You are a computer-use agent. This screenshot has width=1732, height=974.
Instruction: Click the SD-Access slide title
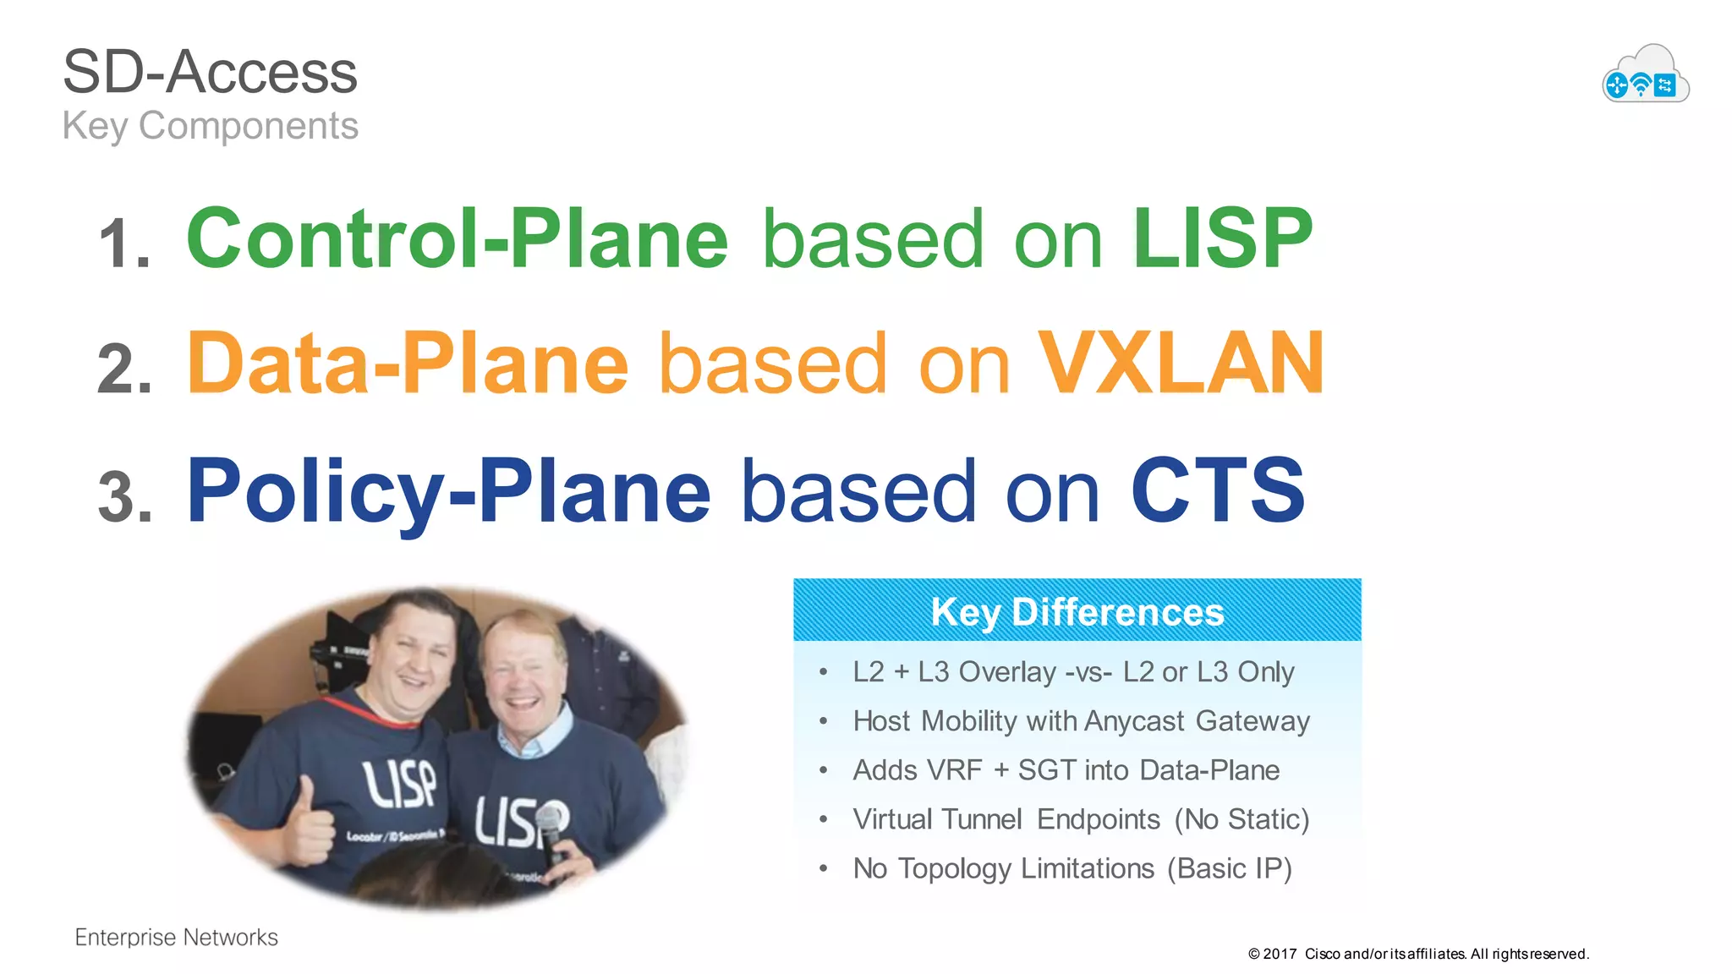[210, 73]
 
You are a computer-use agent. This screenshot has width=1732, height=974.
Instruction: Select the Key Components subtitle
[210, 126]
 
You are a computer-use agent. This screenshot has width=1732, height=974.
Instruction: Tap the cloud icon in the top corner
[1645, 76]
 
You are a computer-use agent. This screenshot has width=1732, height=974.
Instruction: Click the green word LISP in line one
[1222, 239]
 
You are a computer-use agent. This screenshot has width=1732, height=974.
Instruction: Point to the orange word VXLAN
[1181, 364]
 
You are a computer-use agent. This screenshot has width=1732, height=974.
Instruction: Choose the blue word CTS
[1218, 490]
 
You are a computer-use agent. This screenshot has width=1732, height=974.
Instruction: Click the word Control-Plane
[457, 239]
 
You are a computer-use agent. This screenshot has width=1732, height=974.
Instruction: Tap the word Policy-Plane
[448, 490]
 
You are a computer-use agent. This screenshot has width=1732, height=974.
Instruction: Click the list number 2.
[124, 369]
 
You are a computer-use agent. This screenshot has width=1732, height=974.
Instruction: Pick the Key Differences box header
[1077, 610]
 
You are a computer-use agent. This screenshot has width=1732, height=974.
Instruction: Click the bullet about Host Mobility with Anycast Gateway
[1080, 721]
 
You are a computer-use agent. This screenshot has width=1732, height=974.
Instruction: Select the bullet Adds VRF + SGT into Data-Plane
[1066, 770]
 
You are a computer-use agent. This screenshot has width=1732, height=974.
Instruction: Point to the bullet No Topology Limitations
[1072, 868]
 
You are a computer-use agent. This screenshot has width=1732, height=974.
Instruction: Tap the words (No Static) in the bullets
[1241, 819]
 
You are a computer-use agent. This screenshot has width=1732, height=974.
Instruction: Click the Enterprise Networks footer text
[176, 937]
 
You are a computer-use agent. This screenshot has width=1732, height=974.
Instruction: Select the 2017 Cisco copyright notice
[1418, 954]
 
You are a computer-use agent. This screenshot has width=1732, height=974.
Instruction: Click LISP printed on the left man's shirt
[400, 784]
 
